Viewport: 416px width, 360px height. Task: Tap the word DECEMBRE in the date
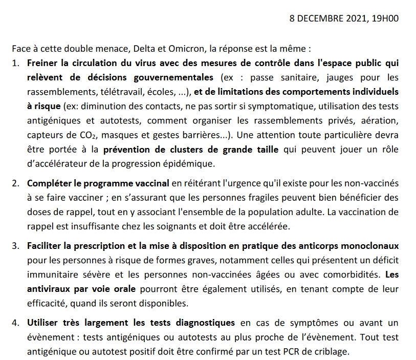[318, 18]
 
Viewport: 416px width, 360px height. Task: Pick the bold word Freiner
[42, 63]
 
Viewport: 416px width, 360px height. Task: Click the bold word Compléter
[48, 183]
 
